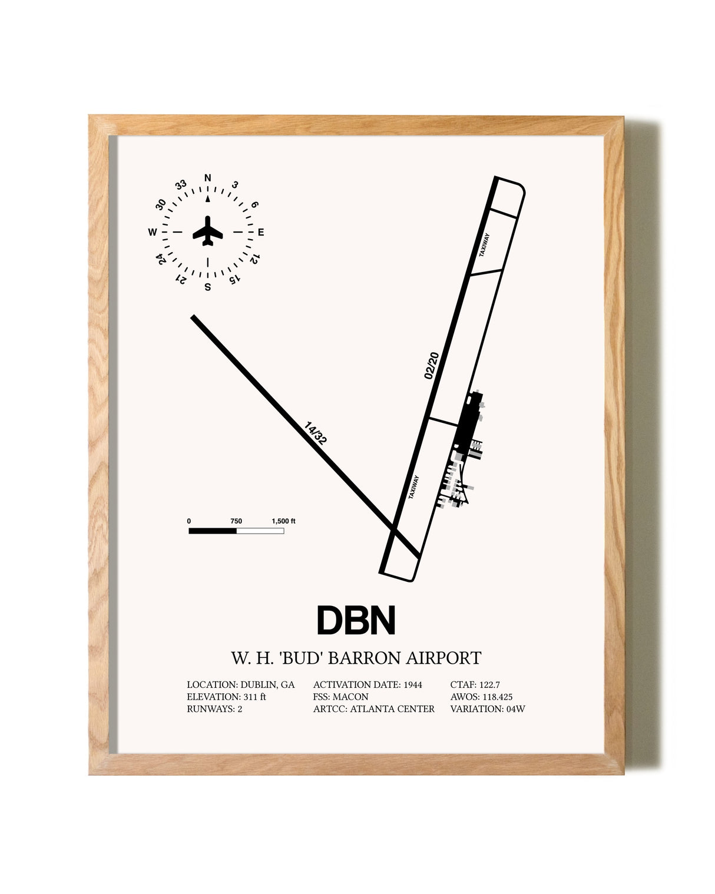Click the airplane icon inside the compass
[208, 230]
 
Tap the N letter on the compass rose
[208, 178]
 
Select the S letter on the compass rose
[208, 287]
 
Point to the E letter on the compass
[261, 232]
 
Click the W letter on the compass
[153, 232]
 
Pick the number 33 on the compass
[181, 185]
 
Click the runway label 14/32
[315, 433]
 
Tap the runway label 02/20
[432, 366]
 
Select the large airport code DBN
[356, 620]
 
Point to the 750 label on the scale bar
[236, 521]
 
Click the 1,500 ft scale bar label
[283, 521]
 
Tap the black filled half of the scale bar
[212, 531]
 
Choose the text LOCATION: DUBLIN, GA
[240, 684]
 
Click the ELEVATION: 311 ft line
[226, 697]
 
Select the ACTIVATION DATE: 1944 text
[368, 684]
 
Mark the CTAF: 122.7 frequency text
[475, 684]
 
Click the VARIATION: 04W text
[488, 708]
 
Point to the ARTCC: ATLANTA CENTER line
[374, 708]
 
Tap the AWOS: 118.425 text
[482, 697]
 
